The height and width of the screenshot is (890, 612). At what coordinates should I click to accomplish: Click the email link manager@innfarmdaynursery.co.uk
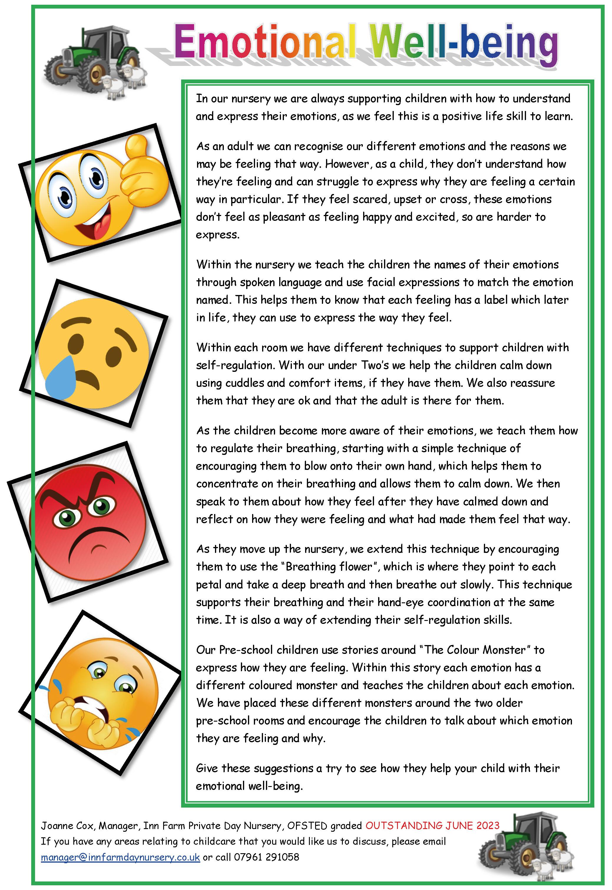click(120, 857)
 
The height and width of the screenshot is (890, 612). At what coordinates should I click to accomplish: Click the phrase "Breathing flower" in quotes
click(329, 567)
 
